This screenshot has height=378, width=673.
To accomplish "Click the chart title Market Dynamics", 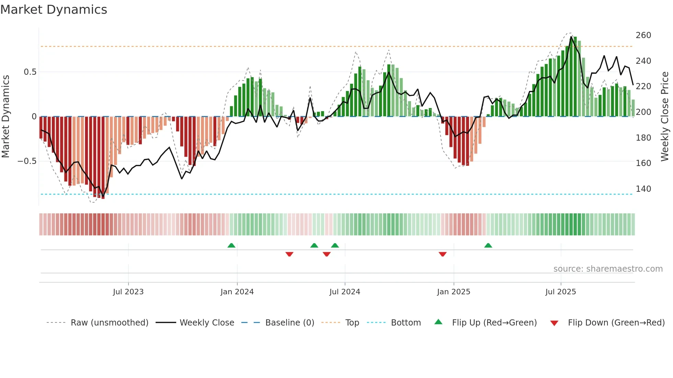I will (54, 10).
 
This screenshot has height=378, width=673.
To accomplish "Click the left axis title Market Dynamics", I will (5, 117).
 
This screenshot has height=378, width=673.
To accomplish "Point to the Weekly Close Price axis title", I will (665, 117).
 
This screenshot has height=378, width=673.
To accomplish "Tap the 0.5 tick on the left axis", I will (30, 72).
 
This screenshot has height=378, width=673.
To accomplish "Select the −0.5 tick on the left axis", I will (27, 161).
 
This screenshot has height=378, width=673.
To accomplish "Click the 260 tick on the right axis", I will (643, 35).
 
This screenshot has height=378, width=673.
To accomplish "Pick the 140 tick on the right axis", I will (643, 189).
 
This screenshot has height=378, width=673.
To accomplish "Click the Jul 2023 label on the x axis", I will (128, 292).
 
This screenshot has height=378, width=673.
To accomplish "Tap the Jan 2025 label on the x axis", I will (453, 292).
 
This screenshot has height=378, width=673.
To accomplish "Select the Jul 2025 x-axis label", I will (560, 292).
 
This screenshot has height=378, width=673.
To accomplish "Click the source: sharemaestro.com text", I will (608, 269).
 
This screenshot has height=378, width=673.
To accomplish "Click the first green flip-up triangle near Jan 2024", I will (231, 245).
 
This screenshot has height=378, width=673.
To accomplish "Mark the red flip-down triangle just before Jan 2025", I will (443, 254).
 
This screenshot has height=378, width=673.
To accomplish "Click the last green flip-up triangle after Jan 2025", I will (488, 245).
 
